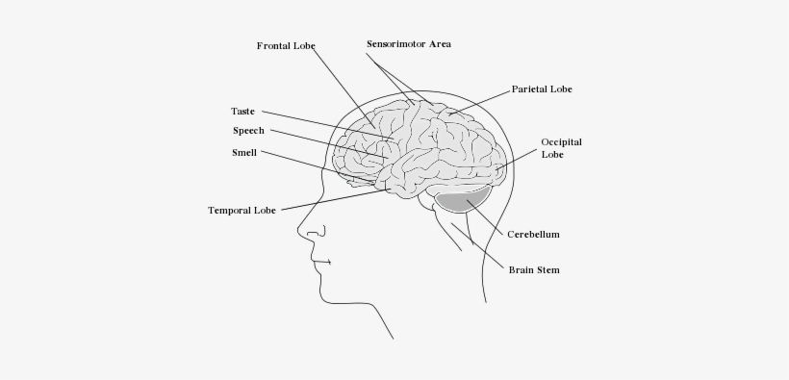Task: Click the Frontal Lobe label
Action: tap(286, 45)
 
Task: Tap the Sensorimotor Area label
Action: tap(409, 44)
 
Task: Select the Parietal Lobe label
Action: tap(541, 89)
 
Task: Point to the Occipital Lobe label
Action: tap(561, 147)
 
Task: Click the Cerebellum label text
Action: tap(533, 234)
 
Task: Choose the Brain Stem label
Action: tap(534, 270)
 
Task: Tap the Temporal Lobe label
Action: tap(242, 210)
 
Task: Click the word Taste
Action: tap(243, 112)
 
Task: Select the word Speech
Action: tap(248, 131)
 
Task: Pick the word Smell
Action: tap(244, 152)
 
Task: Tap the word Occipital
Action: tap(562, 141)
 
